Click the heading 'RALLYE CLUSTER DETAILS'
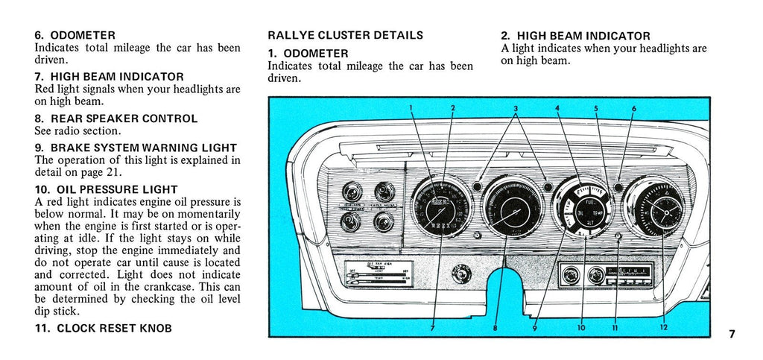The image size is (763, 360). coord(345,35)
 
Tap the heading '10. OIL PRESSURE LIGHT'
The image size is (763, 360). coord(106,189)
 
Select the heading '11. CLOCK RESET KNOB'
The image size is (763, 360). coord(103,328)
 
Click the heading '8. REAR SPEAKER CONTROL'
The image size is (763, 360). coord(115,119)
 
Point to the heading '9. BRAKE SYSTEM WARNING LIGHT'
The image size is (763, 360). coord(136,148)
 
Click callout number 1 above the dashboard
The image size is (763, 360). coord(411,108)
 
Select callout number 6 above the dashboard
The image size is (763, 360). coord(634,109)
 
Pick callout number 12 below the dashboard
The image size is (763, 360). coord(662,326)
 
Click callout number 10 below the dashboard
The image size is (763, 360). coord(581,326)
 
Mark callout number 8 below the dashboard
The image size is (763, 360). coord(496,326)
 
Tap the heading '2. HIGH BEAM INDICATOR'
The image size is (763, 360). coord(575,36)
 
